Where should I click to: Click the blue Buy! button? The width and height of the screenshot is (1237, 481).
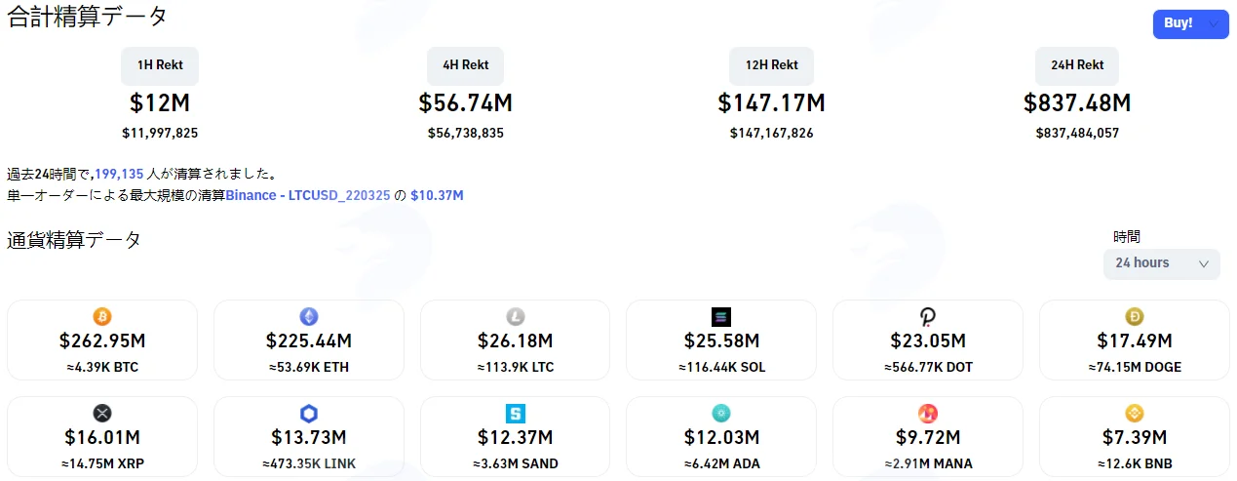pos(1190,23)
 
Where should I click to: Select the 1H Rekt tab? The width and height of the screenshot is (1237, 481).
pos(160,65)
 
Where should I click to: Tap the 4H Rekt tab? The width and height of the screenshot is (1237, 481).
pos(466,65)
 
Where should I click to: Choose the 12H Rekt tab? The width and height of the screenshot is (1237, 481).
pos(771,65)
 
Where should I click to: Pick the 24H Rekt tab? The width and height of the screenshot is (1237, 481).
pos(1077,65)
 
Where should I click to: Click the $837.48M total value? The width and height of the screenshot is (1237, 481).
pos(1077,102)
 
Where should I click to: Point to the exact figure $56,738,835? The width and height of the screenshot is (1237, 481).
pos(466,134)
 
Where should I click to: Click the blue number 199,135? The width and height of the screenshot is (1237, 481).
pos(119,174)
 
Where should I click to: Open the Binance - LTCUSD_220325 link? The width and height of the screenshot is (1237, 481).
pos(308,196)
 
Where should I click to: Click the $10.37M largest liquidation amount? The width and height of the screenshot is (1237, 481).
pos(437,196)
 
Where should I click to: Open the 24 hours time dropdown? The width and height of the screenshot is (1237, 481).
pos(1162,263)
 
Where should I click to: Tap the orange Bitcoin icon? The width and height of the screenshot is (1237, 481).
pos(102,317)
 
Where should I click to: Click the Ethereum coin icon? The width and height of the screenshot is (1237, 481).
pos(309,317)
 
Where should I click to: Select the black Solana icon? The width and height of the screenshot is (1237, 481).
pos(721,317)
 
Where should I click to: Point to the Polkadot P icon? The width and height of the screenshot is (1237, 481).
pos(928,317)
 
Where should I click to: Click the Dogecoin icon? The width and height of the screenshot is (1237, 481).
pos(1135,317)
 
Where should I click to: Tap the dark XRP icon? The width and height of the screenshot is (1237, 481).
pos(102,413)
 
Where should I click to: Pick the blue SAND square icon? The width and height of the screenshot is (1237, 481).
pos(516,413)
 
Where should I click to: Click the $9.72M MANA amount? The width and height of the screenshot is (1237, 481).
pos(928,437)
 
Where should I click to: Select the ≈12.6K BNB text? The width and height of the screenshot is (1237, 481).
pos(1135,463)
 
